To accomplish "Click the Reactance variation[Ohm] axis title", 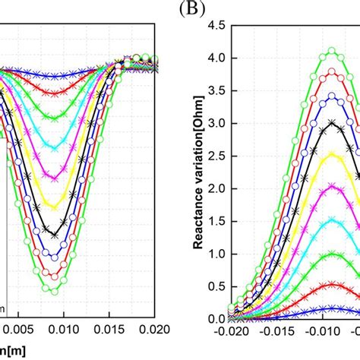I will [x=197, y=175].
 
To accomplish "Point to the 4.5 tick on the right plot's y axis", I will [x=216, y=24].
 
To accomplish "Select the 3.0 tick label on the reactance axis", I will [x=216, y=123].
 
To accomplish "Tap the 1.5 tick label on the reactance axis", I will [x=216, y=222].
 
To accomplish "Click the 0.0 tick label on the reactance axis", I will [x=216, y=320].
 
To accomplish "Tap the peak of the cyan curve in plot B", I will [x=332, y=187].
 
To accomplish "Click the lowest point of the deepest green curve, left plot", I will [x=53, y=289].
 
